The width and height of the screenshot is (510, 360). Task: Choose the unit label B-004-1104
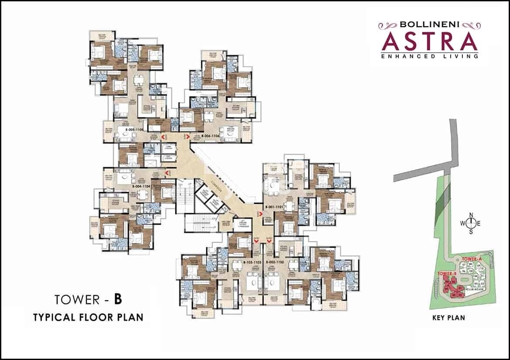(141, 185)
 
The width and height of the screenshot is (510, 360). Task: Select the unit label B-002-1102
(275, 262)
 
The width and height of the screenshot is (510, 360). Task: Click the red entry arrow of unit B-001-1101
(260, 213)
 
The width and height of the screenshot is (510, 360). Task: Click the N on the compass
(471, 215)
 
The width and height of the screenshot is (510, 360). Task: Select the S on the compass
(471, 232)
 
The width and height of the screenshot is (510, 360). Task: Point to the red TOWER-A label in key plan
(470, 259)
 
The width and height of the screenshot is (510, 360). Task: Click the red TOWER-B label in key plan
(447, 273)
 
